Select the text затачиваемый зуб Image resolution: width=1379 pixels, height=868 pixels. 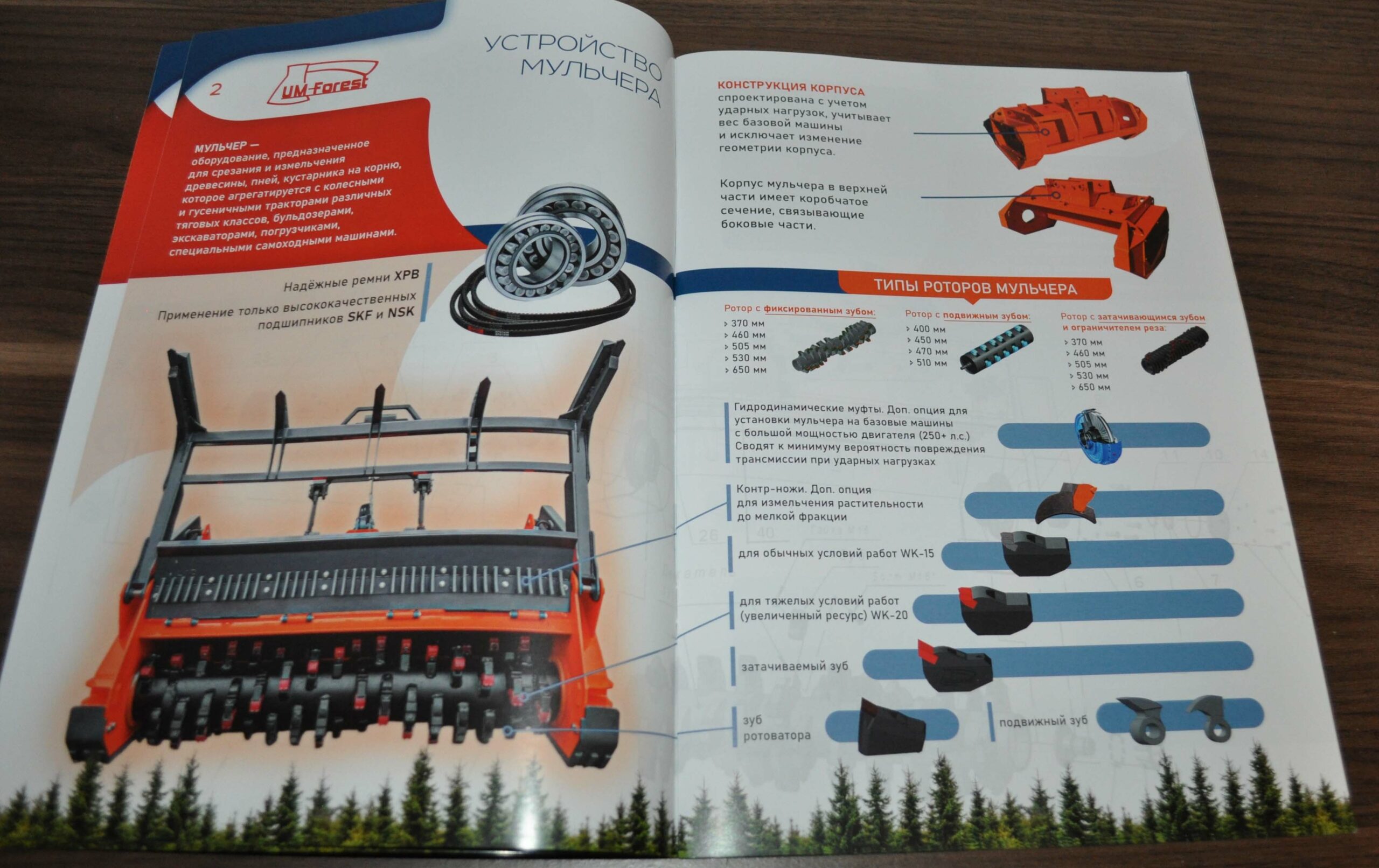(795, 667)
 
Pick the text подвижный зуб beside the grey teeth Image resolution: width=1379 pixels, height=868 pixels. (1043, 721)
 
